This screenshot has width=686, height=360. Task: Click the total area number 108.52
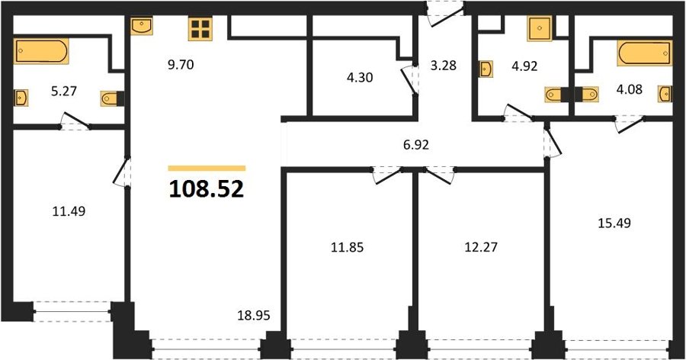pyautogui.click(x=206, y=189)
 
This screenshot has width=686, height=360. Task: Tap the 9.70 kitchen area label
pyautogui.click(x=180, y=66)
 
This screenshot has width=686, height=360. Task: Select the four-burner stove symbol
pyautogui.click(x=200, y=29)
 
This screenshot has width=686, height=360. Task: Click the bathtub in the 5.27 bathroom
pyautogui.click(x=41, y=51)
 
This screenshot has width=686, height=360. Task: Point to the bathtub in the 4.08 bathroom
pyautogui.click(x=644, y=53)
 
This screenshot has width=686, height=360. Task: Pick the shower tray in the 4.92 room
pyautogui.click(x=540, y=28)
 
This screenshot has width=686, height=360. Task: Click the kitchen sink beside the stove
pyautogui.click(x=142, y=25)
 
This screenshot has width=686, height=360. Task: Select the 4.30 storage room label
pyautogui.click(x=360, y=78)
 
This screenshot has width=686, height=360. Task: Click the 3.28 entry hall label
pyautogui.click(x=443, y=66)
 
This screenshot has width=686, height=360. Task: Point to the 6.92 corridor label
pyautogui.click(x=416, y=145)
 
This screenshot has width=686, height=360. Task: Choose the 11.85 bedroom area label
pyautogui.click(x=348, y=248)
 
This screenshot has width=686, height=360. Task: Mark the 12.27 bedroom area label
pyautogui.click(x=481, y=247)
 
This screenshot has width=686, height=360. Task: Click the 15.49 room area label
pyautogui.click(x=614, y=223)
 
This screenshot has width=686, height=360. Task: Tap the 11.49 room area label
pyautogui.click(x=69, y=211)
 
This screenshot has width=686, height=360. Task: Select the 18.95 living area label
pyautogui.click(x=254, y=315)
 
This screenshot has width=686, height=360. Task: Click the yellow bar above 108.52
pyautogui.click(x=207, y=168)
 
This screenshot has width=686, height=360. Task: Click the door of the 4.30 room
pyautogui.click(x=410, y=79)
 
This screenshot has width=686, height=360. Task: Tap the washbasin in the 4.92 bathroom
pyautogui.click(x=486, y=69)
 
